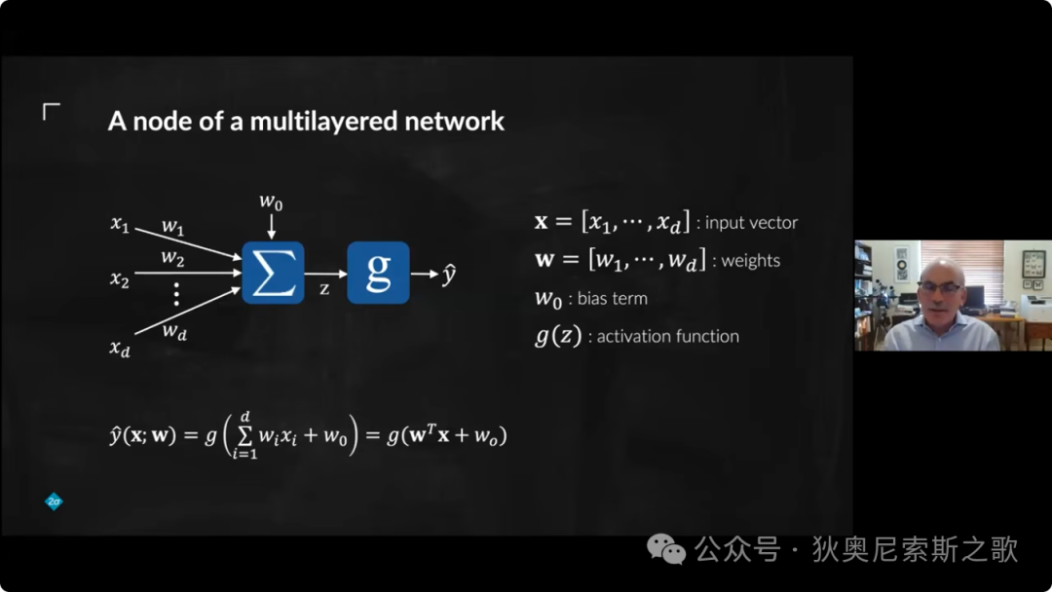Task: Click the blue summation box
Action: (x=273, y=273)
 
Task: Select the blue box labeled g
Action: (x=378, y=273)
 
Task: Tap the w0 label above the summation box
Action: (x=271, y=202)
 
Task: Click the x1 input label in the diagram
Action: (x=120, y=224)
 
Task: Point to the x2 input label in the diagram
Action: (x=120, y=278)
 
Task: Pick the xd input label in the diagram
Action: (x=120, y=348)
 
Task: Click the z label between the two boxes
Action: (x=324, y=289)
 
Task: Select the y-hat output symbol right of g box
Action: (x=449, y=275)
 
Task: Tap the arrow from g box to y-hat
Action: (x=425, y=274)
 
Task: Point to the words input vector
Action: (x=751, y=223)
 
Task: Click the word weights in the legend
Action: (x=751, y=261)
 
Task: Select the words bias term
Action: (x=613, y=298)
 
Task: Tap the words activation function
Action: (x=667, y=336)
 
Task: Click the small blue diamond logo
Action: (x=54, y=500)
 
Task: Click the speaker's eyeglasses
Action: (x=941, y=287)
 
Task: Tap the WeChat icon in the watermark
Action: (x=665, y=549)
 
